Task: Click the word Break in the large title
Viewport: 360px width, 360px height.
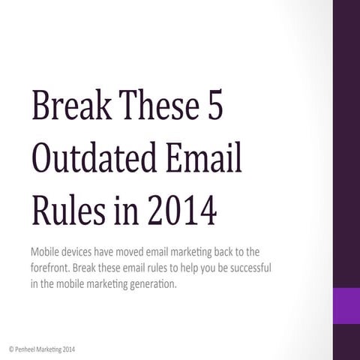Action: [67, 106]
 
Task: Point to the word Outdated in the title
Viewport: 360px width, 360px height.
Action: [94, 158]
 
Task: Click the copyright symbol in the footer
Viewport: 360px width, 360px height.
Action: [10, 349]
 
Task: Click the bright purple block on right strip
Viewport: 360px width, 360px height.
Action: [346, 305]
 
